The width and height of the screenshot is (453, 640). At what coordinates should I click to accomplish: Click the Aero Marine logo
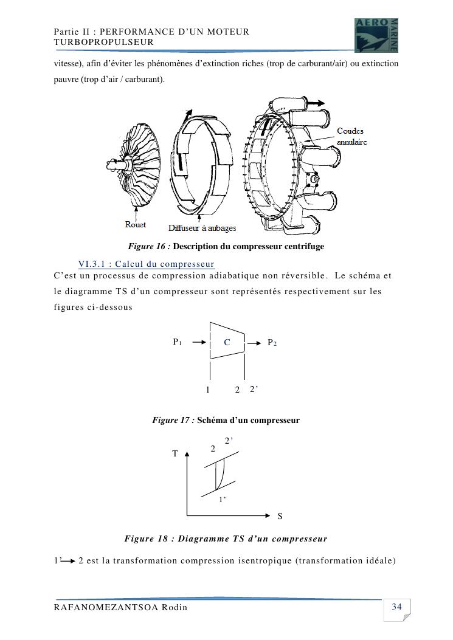tap(376, 35)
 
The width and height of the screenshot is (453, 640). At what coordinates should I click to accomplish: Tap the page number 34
tap(397, 607)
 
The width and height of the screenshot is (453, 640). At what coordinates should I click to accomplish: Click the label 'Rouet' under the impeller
tap(136, 225)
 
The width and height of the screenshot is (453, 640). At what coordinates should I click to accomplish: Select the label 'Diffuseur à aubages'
tap(202, 229)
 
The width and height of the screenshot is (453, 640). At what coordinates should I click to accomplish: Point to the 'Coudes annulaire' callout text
tap(352, 136)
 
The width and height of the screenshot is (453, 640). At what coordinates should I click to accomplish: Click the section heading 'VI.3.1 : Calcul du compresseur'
tap(147, 264)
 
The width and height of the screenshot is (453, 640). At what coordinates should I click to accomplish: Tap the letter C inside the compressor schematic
tap(227, 343)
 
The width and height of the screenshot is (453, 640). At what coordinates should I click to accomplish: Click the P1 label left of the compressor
tap(177, 342)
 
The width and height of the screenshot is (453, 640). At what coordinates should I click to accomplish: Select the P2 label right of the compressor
tap(272, 343)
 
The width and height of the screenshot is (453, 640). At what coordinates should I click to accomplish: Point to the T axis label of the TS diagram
tap(175, 453)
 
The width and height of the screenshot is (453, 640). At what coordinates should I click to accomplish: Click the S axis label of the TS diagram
tap(280, 517)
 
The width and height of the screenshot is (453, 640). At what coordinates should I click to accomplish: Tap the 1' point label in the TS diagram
tap(223, 500)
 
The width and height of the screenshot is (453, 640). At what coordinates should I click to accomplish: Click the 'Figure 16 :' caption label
tap(149, 247)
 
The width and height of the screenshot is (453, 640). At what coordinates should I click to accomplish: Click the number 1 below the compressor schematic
tap(208, 390)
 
